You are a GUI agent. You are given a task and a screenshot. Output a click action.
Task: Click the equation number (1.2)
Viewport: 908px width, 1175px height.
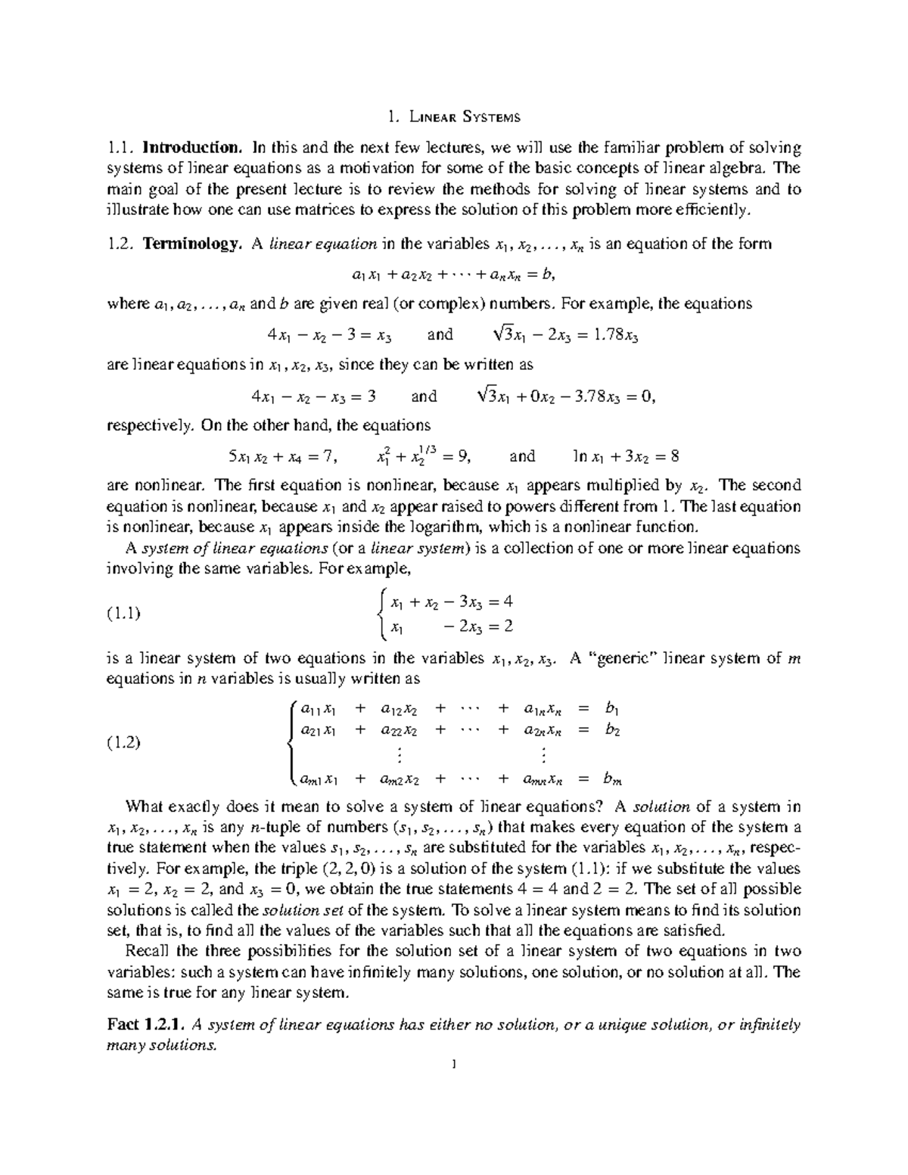pos(123,742)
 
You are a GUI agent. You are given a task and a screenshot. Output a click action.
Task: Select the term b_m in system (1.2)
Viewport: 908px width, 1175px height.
pos(611,778)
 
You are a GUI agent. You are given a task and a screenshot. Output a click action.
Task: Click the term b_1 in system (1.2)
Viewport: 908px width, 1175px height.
pos(611,709)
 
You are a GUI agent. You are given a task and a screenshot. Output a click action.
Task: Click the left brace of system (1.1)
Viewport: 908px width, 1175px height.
pos(383,614)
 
